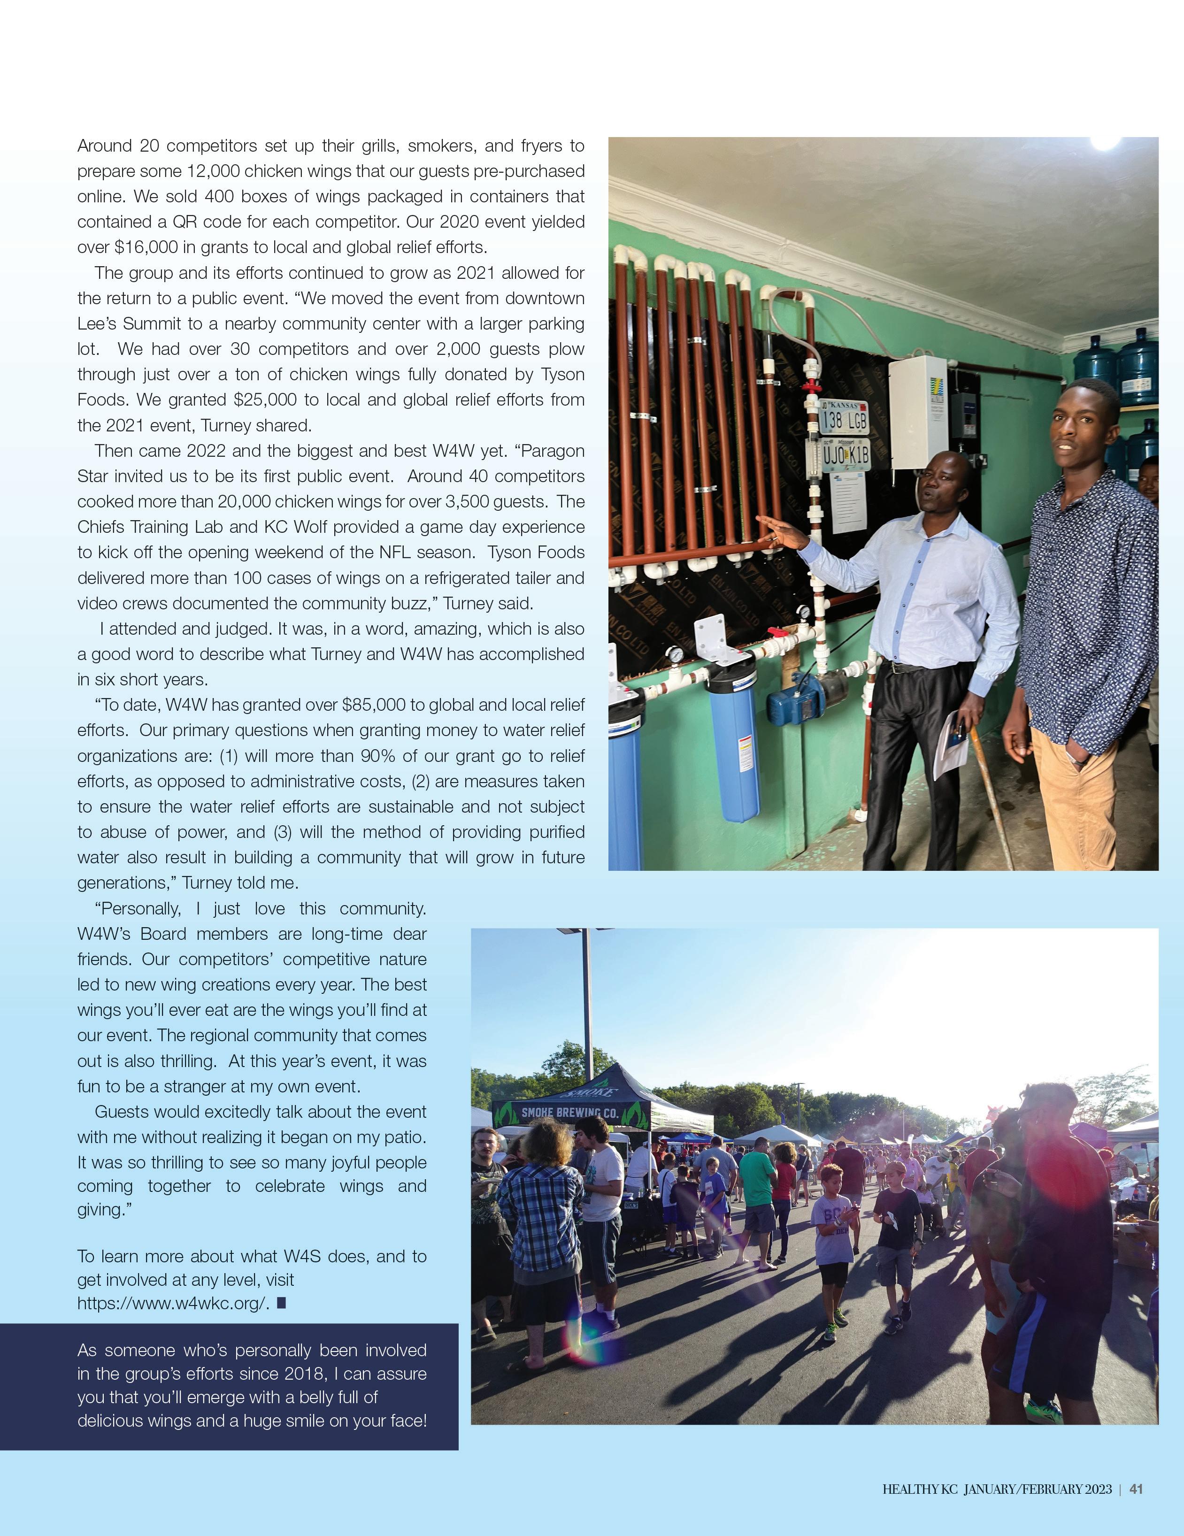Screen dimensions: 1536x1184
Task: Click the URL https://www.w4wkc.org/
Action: click(x=172, y=1303)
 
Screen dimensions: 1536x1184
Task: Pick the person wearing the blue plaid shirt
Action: click(x=539, y=1210)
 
